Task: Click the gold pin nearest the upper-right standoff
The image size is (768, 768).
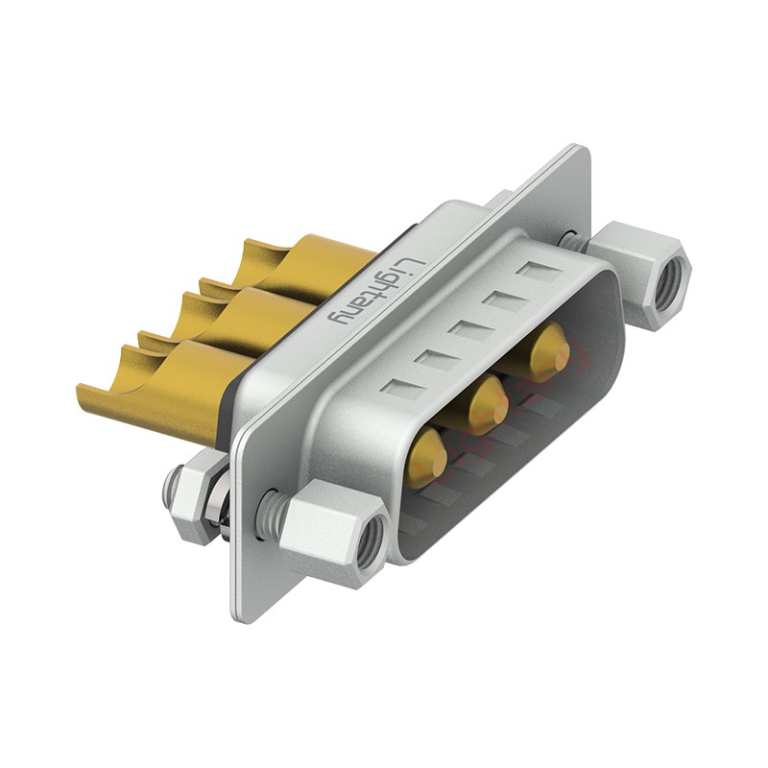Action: click(551, 350)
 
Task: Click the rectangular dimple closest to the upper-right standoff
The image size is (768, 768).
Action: click(539, 271)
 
